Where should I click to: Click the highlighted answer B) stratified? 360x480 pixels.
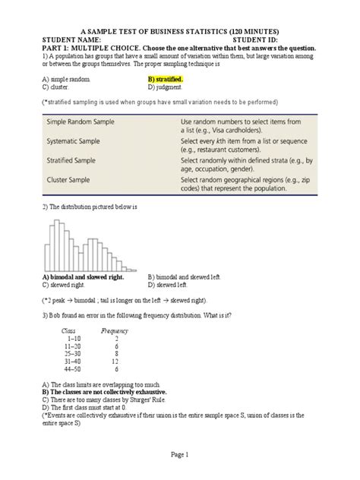(165, 78)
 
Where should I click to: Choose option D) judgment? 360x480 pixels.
(166, 87)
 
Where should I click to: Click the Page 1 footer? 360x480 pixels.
(179, 453)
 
